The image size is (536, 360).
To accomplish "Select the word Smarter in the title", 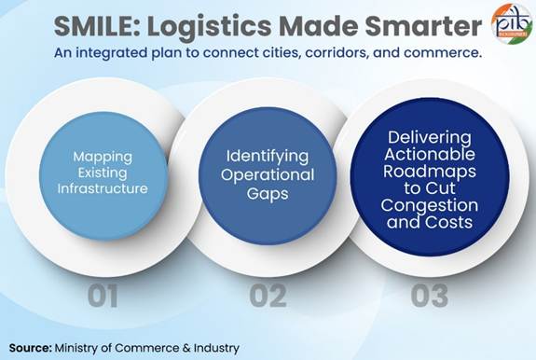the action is pyautogui.click(x=423, y=26).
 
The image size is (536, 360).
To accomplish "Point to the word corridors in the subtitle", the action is pyautogui.click(x=337, y=53).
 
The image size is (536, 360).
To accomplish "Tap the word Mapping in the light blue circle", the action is pyautogui.click(x=103, y=158).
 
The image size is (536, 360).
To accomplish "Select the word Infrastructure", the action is pyautogui.click(x=103, y=188).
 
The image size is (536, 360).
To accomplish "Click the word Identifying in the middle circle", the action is pyautogui.click(x=268, y=157).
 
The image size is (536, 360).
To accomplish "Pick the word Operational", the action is pyautogui.click(x=268, y=175).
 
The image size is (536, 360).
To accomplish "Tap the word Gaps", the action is pyautogui.click(x=268, y=194).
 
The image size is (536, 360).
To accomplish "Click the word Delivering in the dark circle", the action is pyautogui.click(x=430, y=138).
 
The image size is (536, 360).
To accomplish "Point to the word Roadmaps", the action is pyautogui.click(x=430, y=171).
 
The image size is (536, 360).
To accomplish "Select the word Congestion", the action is pyautogui.click(x=430, y=205).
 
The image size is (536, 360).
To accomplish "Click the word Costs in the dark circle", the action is pyautogui.click(x=448, y=222).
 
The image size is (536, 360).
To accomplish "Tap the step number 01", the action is pyautogui.click(x=103, y=296).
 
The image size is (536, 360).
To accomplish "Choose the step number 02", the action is pyautogui.click(x=268, y=296).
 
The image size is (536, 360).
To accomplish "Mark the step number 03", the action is pyautogui.click(x=430, y=296).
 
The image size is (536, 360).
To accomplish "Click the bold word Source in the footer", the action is pyautogui.click(x=30, y=348).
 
